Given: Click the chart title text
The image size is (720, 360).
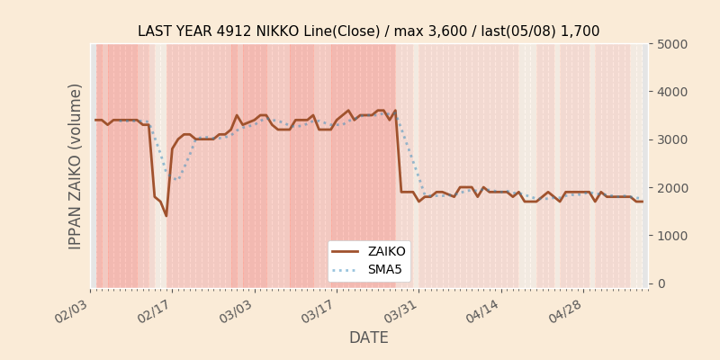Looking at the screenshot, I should click(368, 31).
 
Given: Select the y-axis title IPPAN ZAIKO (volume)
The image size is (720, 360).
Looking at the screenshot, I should click(76, 166).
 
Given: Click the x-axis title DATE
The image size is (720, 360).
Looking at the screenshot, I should click(368, 338).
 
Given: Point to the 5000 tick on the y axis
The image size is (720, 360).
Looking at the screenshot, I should click(670, 44).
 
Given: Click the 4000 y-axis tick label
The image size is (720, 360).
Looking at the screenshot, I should click(670, 92).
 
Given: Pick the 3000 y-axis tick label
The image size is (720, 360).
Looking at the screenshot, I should click(670, 139).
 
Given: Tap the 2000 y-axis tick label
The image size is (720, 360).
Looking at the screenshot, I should click(670, 188).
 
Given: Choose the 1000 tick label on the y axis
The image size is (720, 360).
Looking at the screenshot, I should click(670, 236).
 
